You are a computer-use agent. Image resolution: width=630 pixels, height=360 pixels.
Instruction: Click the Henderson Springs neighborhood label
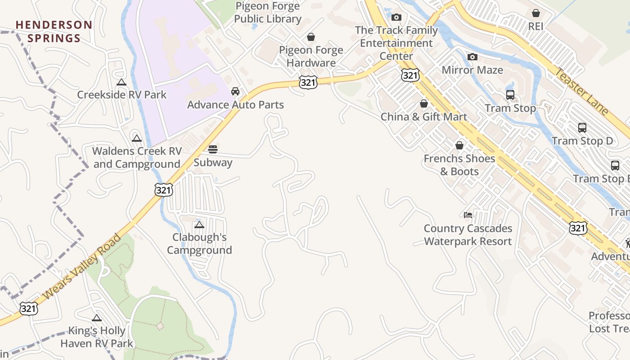click(54, 31)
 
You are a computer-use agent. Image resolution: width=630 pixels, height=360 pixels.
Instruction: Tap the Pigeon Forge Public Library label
click(268, 13)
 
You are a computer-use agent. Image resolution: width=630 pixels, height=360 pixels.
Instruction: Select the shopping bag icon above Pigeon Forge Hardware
click(311, 37)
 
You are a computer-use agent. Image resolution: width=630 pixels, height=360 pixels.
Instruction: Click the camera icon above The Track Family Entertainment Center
click(396, 18)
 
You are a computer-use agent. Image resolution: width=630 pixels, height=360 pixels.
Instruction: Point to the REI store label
click(535, 27)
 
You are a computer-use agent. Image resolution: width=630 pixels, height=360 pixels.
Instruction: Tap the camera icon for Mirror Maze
click(472, 57)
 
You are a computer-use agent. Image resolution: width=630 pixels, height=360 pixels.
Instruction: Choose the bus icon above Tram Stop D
click(582, 128)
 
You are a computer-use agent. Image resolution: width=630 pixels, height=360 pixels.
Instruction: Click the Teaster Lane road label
click(581, 91)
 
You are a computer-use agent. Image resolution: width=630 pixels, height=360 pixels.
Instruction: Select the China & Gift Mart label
click(424, 117)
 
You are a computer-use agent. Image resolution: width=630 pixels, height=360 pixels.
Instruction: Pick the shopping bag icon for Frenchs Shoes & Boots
click(459, 146)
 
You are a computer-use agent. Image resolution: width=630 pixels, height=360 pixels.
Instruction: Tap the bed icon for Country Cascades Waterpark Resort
click(468, 215)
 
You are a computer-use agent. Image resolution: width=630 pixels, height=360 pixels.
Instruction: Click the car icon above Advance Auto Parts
click(235, 92)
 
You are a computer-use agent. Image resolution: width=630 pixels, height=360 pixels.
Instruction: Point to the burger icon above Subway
click(213, 149)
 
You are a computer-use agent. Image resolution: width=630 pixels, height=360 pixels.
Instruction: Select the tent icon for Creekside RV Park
click(121, 82)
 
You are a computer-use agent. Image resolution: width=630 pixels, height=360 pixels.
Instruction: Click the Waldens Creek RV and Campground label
click(137, 157)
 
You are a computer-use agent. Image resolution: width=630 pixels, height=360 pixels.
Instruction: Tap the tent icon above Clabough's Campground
click(199, 225)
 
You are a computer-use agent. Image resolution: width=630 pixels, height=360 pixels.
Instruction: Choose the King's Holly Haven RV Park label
click(97, 337)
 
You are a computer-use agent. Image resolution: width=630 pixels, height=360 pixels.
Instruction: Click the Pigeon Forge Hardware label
click(311, 56)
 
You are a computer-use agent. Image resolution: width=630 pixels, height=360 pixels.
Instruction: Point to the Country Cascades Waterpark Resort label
click(468, 235)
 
